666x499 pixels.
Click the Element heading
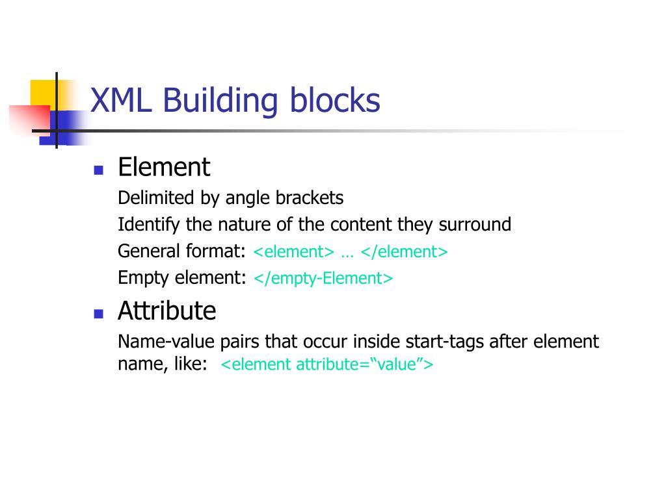(x=164, y=168)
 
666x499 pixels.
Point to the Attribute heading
(x=166, y=311)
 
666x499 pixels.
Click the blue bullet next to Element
(x=99, y=171)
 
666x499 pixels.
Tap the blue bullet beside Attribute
(x=99, y=314)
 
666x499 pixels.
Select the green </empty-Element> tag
(x=323, y=279)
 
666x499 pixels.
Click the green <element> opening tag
(x=293, y=252)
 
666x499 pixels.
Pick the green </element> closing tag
(x=405, y=252)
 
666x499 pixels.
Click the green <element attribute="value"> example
(x=327, y=365)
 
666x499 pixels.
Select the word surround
(x=475, y=225)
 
